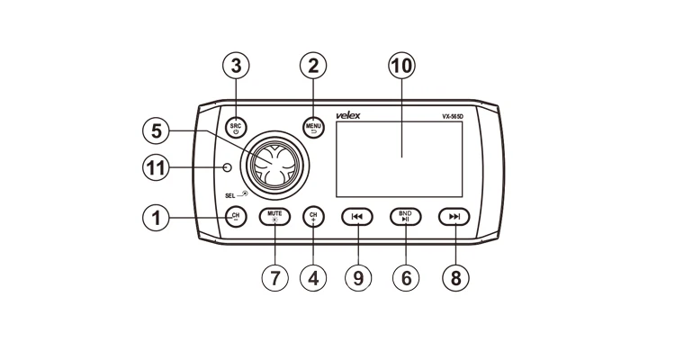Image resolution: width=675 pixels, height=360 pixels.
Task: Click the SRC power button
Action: coord(236,127)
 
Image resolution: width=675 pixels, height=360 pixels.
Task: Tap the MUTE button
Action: coord(275,216)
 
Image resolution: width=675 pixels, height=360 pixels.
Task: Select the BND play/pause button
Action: coord(405,216)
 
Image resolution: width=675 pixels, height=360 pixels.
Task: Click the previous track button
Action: coord(357,216)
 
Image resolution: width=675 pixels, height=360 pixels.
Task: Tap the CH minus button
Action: coord(236,216)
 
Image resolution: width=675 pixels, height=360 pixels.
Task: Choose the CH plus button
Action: coord(313,216)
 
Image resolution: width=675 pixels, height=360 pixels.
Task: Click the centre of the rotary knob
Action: coord(274,164)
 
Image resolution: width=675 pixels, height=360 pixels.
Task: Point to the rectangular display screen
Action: coord(399,158)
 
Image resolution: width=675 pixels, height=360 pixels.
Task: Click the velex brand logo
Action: coord(347,116)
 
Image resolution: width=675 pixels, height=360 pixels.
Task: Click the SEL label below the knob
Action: coord(232,194)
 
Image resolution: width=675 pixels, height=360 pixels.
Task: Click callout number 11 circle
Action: coord(158,168)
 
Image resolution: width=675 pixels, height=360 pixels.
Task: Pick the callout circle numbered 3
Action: coord(236,66)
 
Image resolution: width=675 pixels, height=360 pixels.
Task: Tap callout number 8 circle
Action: coord(454,277)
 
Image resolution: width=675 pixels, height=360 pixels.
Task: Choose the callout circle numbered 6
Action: coord(405,277)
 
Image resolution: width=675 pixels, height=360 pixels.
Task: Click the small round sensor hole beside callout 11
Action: coord(229,169)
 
